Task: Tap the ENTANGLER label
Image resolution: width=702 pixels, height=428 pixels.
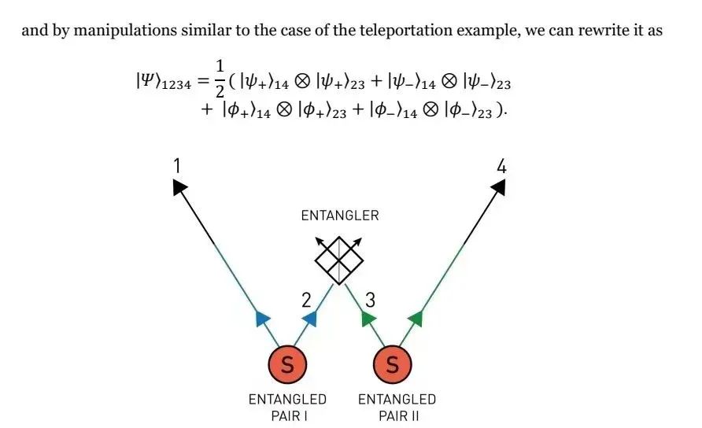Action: coord(340,216)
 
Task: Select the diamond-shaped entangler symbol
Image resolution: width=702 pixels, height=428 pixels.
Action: coord(339,260)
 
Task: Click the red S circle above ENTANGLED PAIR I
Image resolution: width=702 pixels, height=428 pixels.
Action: coord(287,364)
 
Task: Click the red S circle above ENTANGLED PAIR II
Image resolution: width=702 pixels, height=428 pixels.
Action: coord(392,364)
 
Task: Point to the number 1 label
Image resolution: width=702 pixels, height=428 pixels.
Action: coord(177,166)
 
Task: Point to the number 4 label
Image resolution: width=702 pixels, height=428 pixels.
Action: coord(501,167)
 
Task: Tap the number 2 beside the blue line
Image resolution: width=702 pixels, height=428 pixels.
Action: coord(306,300)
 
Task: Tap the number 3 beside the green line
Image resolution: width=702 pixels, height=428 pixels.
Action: coord(370,300)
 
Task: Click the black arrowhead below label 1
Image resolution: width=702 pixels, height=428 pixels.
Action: coord(179,186)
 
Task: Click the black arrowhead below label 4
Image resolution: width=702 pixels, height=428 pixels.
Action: coord(499,186)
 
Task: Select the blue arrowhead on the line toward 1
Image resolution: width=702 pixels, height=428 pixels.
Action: coord(262,319)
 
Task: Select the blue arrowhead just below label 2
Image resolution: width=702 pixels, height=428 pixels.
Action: coord(310,319)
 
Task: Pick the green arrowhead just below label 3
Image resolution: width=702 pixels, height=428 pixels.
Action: coord(368,319)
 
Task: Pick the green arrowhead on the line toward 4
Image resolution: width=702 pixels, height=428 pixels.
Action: coord(416,319)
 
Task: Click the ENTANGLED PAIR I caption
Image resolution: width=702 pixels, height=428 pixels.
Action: coord(288,408)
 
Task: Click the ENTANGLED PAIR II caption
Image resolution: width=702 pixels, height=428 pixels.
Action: coord(397,408)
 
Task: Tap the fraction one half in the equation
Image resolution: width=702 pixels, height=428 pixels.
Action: coord(220,79)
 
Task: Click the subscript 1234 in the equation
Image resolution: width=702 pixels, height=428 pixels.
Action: coord(176,85)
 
